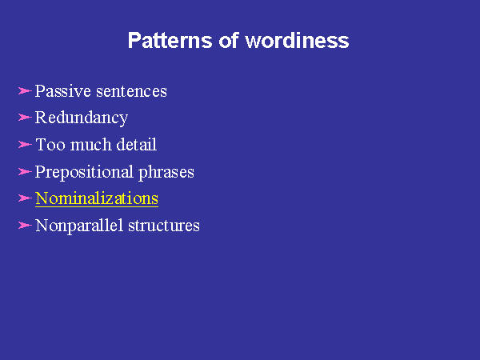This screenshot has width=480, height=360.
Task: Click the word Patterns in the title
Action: (x=170, y=40)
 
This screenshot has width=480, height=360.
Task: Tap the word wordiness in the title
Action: (x=297, y=40)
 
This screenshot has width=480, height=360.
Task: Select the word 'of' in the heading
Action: (x=228, y=40)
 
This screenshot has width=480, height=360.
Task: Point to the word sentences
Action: (x=131, y=91)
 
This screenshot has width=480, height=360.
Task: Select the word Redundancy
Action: (x=82, y=118)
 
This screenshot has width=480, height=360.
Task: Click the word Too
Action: (x=50, y=145)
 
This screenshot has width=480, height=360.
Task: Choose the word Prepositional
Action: (x=84, y=172)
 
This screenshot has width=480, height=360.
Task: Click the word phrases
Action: (x=166, y=172)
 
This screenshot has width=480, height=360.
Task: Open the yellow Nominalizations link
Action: (x=97, y=198)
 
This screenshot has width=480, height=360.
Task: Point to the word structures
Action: (x=164, y=226)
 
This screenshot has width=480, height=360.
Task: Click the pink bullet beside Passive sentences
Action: (x=25, y=91)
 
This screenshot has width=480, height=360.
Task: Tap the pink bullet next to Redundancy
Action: (x=25, y=118)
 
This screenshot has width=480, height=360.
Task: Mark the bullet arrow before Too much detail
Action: (x=25, y=144)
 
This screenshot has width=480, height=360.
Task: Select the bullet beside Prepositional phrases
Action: (x=25, y=171)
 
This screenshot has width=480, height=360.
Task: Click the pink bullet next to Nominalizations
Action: (x=25, y=198)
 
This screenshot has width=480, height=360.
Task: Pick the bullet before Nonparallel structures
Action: (x=25, y=226)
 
